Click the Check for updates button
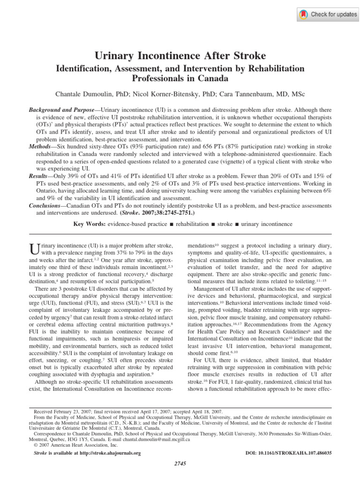click(328, 15)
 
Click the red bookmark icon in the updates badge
click(304, 15)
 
